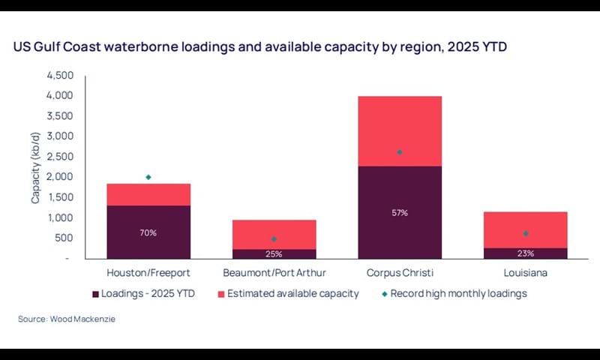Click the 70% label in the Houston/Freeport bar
148,232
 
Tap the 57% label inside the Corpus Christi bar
400,213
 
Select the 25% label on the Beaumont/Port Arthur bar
274,253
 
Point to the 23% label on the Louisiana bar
526,253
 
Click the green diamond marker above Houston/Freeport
148,177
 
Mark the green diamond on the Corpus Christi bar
400,152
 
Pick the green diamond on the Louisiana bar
526,233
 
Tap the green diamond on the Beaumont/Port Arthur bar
274,239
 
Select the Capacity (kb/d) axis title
35,167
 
